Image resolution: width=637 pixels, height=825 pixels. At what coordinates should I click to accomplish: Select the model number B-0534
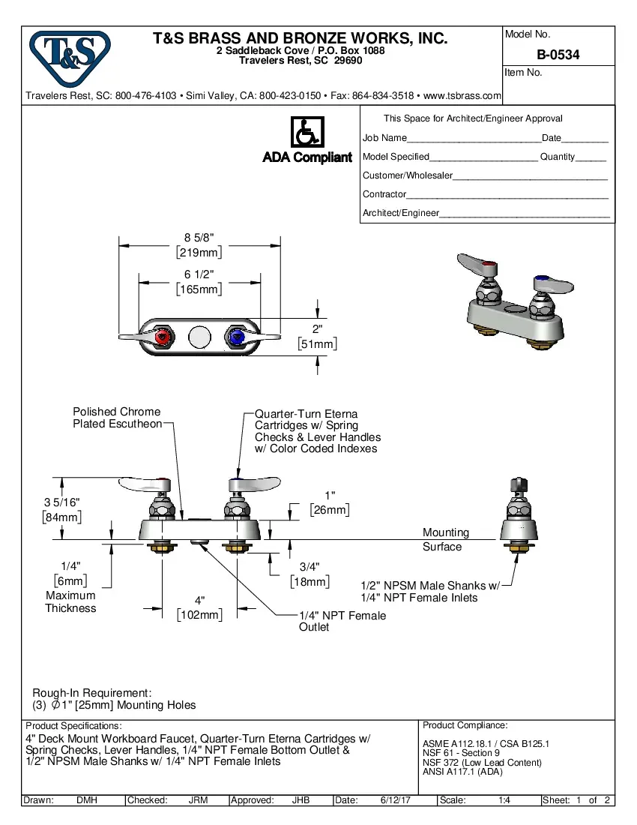point(558,55)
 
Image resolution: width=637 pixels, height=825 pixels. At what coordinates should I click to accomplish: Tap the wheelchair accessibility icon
point(307,132)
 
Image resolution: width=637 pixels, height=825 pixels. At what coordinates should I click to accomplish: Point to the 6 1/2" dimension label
point(199,274)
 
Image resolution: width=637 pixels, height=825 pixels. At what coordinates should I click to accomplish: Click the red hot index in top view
point(161,338)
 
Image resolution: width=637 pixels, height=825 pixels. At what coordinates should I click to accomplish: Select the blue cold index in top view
point(238,338)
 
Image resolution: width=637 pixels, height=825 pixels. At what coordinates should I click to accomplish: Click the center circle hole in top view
point(199,338)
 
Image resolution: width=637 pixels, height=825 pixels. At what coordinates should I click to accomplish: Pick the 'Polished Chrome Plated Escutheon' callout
point(117,418)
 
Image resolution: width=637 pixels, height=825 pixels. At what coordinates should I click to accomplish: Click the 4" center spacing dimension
point(199,601)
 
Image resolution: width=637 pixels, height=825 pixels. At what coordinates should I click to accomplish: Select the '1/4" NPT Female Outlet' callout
point(342,621)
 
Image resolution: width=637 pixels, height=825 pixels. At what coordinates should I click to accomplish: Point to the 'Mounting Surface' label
point(445,539)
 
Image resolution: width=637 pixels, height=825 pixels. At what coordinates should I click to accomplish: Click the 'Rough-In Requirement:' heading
point(91,692)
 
